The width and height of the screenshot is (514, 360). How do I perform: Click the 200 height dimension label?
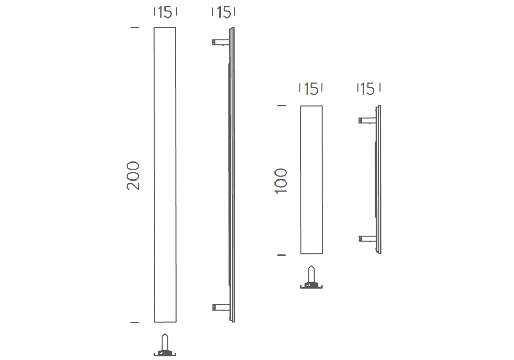coord(133,175)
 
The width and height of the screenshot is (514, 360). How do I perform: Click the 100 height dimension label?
coord(281,181)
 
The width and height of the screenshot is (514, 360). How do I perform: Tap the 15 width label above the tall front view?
coord(165,12)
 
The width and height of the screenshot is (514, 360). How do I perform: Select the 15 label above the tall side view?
coord(224,12)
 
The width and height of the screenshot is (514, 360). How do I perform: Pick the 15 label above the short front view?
coord(311,88)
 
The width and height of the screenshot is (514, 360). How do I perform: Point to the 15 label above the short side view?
coord(368,89)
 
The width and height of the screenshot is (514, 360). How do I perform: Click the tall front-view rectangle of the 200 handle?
coord(165,175)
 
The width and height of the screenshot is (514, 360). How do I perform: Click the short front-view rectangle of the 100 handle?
coord(311,179)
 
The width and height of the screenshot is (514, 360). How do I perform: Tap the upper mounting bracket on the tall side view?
coord(221,42)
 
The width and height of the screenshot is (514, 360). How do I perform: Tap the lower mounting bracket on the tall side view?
coord(221,308)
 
